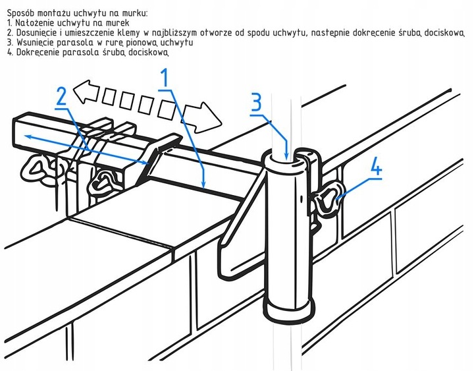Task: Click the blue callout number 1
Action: (165, 78)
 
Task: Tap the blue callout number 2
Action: (62, 96)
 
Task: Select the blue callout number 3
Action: (256, 102)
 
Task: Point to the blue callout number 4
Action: (376, 166)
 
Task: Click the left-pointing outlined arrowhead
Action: (87, 91)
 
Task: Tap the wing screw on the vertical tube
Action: (325, 200)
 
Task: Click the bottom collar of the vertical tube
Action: (289, 310)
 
